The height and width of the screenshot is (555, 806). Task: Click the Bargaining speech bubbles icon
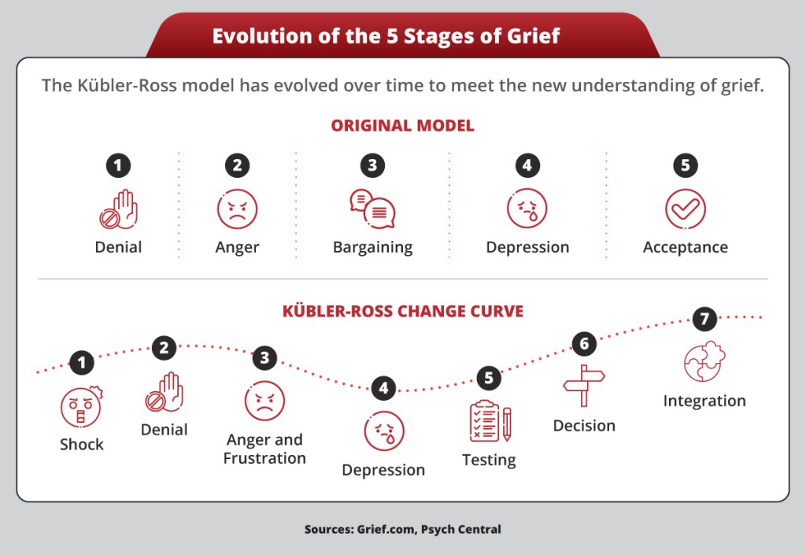click(x=372, y=209)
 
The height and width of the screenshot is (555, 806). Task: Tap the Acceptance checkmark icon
click(x=686, y=209)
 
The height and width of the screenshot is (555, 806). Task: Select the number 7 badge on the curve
click(x=704, y=319)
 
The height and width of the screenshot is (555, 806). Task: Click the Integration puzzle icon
click(x=704, y=362)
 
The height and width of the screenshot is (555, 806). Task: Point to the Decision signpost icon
click(x=584, y=386)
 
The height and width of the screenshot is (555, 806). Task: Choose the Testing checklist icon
click(x=490, y=421)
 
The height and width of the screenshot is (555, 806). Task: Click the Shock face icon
click(x=82, y=406)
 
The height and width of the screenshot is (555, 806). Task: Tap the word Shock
click(x=82, y=444)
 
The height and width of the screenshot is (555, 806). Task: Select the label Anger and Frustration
click(x=264, y=449)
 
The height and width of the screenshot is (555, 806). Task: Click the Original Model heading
click(x=402, y=125)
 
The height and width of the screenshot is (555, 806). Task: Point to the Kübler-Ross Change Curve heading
click(x=403, y=311)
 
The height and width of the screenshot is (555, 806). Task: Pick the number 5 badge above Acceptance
click(x=686, y=165)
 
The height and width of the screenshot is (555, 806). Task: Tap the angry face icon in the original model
click(x=237, y=209)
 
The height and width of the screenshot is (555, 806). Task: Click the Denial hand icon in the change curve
click(x=165, y=392)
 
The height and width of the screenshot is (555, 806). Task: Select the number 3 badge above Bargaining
click(x=372, y=165)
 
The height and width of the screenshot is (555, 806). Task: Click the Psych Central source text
click(x=461, y=529)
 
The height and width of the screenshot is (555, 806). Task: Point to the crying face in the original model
click(x=527, y=209)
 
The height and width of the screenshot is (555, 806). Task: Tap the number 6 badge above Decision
click(x=584, y=344)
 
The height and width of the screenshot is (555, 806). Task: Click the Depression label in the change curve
click(x=383, y=470)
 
